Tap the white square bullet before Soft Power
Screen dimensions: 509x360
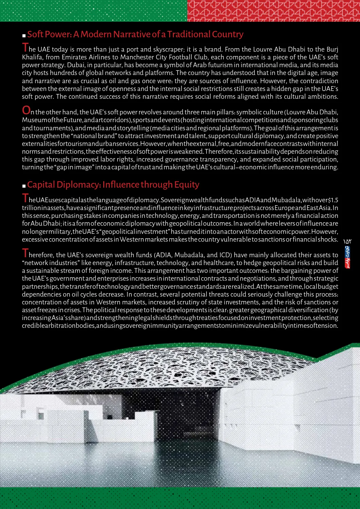coord(24,35)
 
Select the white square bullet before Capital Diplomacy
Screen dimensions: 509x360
coord(24,186)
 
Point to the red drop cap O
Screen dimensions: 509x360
coord(26,110)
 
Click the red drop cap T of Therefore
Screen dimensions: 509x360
coord(25,253)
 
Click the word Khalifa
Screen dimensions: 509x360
coord(32,57)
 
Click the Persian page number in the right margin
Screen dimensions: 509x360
coord(347,242)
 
